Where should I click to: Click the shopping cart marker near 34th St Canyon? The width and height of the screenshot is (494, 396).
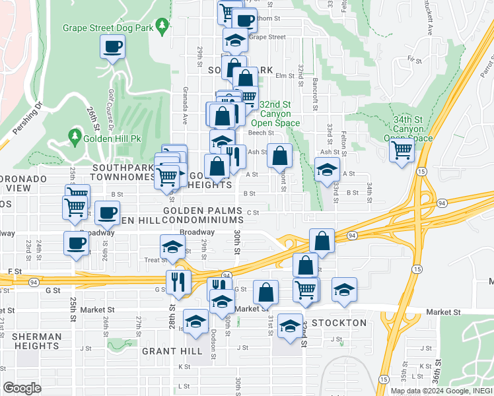click(x=402, y=150)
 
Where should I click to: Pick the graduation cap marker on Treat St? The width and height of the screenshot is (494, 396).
click(x=172, y=248)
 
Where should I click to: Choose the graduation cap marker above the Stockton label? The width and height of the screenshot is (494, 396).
click(x=289, y=327)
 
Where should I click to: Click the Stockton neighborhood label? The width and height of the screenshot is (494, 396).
click(x=339, y=323)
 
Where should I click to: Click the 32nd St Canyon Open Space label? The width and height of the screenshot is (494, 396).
click(x=275, y=114)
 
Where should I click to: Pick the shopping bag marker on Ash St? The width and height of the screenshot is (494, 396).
click(x=280, y=156)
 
